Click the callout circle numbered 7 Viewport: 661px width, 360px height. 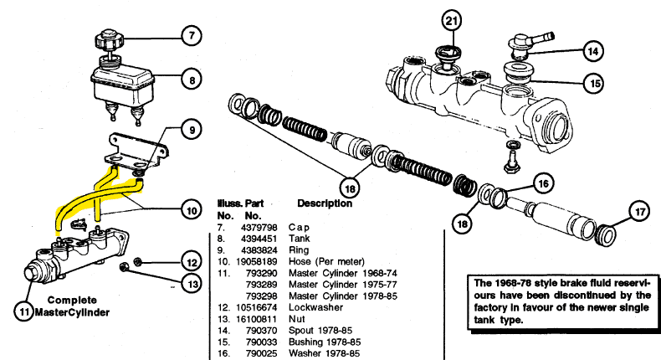[192, 36]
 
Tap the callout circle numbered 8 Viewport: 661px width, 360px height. [192, 80]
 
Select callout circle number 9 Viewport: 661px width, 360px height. [192, 130]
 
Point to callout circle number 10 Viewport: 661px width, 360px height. [192, 210]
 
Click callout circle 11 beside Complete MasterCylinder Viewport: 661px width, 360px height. [24, 312]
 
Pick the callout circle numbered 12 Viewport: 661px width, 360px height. [192, 262]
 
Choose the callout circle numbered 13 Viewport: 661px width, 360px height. [192, 284]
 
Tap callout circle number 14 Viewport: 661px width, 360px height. [593, 52]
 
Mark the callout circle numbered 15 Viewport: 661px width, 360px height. [594, 84]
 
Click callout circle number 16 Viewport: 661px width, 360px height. [543, 183]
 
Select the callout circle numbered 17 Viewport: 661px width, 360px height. [640, 211]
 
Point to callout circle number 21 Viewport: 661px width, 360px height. [452, 20]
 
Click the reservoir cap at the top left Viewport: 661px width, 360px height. [108, 41]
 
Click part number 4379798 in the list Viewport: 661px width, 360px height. [259, 228]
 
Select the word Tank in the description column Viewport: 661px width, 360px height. [300, 239]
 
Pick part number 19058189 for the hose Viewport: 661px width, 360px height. [256, 262]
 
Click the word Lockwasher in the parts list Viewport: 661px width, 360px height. [315, 307]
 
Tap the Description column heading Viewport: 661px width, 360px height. [325, 203]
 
